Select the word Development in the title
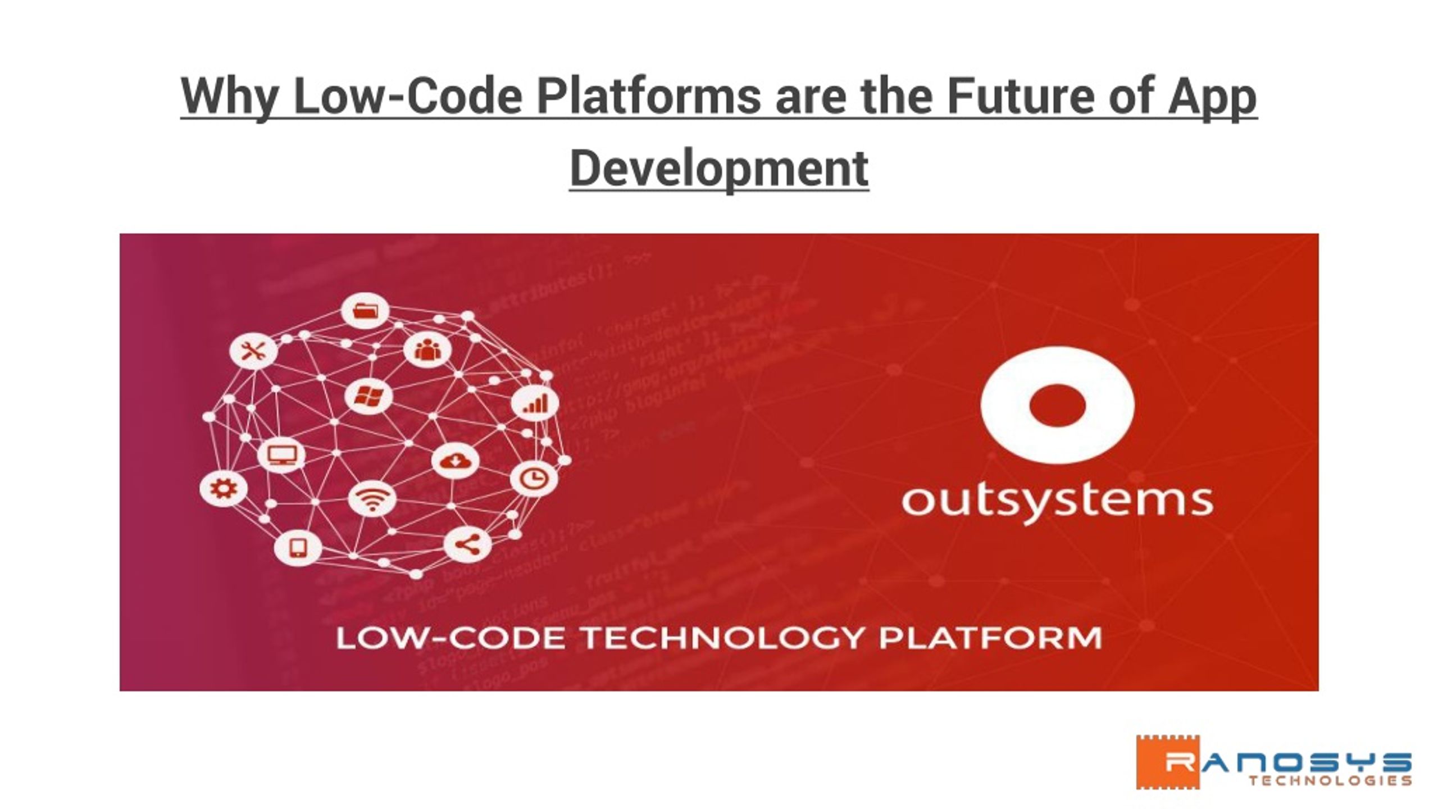[719, 167]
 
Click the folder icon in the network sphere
[365, 310]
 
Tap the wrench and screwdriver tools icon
[253, 352]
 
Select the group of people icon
[426, 350]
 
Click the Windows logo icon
[368, 397]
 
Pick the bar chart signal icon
[534, 404]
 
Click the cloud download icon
[456, 461]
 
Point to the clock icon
[534, 479]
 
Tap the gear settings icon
[222, 489]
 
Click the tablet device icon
[298, 548]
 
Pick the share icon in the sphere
[467, 544]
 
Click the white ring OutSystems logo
[1057, 406]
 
